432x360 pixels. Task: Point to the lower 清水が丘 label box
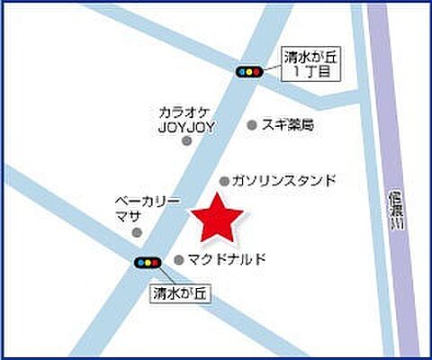tap(180, 292)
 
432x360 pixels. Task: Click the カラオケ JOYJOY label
tap(186, 120)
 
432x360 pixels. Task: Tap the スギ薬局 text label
tap(288, 125)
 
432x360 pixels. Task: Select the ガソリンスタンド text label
tap(283, 180)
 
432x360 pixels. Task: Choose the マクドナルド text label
tap(228, 259)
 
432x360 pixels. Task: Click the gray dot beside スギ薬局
tap(252, 125)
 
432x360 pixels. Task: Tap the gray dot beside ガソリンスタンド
tap(224, 180)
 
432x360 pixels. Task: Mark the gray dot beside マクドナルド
tap(178, 259)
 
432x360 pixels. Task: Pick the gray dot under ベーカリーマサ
tap(138, 232)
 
